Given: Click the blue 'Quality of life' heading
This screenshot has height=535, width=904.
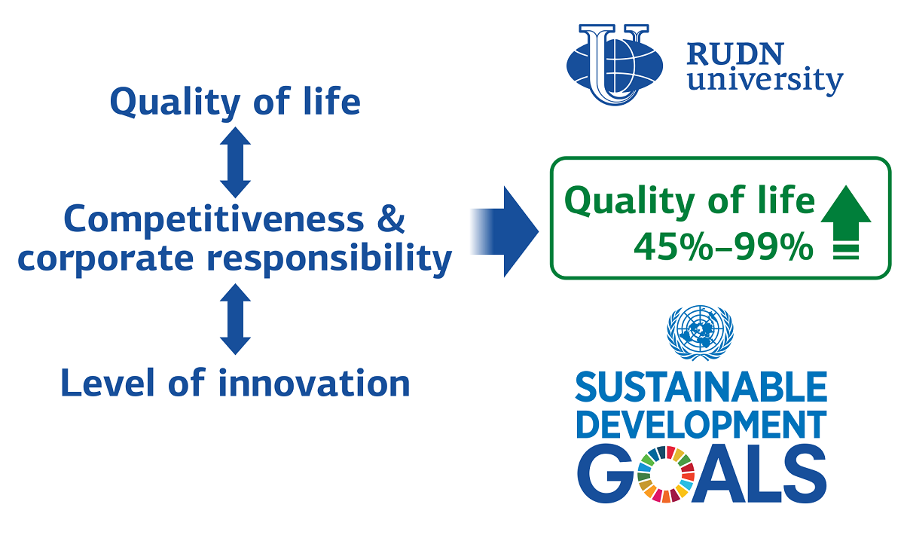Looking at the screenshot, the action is pos(235,103).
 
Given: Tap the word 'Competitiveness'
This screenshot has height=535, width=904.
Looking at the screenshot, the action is pos(214,220).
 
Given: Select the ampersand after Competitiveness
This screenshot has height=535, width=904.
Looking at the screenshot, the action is pos(391,219).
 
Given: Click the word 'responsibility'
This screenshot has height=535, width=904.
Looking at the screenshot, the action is pos(329,260).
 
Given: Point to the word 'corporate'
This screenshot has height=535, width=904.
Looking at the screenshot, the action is pos(105,258).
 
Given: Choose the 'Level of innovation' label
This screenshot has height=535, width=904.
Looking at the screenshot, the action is pos(235,382).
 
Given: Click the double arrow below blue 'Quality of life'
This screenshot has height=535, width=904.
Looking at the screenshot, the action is pos(235,162).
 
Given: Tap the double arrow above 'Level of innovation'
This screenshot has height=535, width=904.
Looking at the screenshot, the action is pos(235,319).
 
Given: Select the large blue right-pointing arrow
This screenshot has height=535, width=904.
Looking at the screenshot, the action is pos(505,232).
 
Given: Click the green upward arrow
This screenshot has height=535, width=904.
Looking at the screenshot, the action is pos(846,222).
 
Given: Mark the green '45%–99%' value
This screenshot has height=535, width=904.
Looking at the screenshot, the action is pos(724,246).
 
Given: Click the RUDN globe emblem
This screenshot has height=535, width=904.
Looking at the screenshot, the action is pos(615,65).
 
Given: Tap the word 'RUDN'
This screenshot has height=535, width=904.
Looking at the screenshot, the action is pos(735,53).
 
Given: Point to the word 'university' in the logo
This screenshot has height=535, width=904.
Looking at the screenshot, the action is pos(765,81).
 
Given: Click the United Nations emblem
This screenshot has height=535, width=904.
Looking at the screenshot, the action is pos(700,333).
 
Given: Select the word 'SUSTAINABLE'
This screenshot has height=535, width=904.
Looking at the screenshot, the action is pos(701,387).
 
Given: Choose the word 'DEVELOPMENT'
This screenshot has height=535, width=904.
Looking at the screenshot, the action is pos(701,425).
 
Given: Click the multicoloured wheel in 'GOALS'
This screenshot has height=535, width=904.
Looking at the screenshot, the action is pos(666,474).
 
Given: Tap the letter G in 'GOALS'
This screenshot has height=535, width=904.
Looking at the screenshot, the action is pos(606,474).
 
